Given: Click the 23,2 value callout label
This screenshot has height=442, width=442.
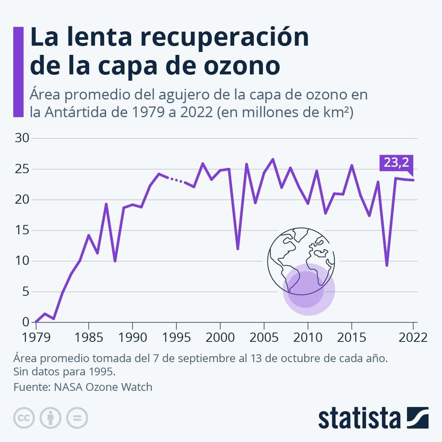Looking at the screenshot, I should (395, 162).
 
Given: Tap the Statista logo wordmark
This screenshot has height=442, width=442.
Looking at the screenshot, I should (359, 418).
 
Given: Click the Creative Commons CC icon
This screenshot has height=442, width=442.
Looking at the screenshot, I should (24, 418).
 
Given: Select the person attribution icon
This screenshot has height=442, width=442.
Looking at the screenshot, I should (51, 418).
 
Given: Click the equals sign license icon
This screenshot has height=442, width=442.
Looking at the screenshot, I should (77, 418).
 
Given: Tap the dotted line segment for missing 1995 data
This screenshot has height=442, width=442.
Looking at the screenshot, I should (176, 180).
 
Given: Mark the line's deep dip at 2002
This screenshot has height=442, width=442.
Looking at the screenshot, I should (238, 249).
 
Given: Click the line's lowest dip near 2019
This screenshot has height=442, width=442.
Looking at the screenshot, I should (387, 265).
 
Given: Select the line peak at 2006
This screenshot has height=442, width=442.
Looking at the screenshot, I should (273, 159).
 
